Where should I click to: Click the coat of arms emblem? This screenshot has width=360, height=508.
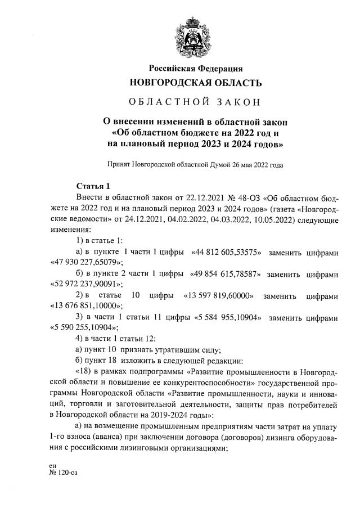click(x=195, y=35)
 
